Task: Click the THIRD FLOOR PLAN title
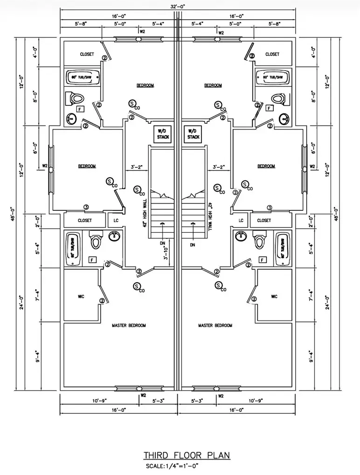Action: pyautogui.click(x=186, y=455)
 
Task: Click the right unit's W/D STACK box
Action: pyautogui.click(x=193, y=134)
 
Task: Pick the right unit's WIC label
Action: pyautogui.click(x=274, y=296)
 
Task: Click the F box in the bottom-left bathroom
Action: pyautogui.click(x=92, y=259)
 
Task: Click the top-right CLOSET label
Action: pyautogui.click(x=272, y=54)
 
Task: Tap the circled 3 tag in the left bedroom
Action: pyautogui.click(x=86, y=207)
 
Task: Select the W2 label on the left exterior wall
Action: pyautogui.click(x=45, y=166)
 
